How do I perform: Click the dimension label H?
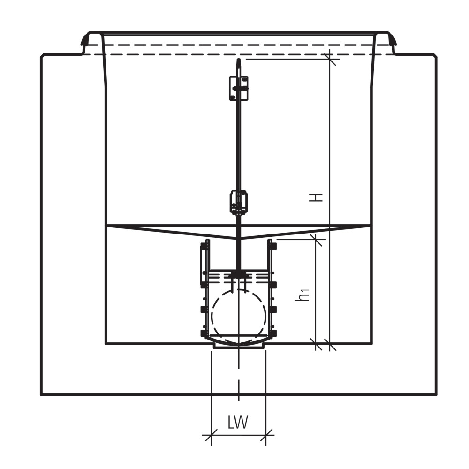(x=316, y=197)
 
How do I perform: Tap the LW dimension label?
(x=238, y=422)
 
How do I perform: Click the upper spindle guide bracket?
(x=238, y=88)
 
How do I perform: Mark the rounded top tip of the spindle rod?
(x=238, y=60)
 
